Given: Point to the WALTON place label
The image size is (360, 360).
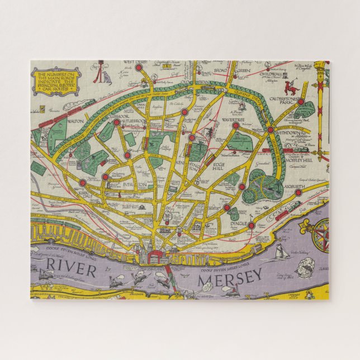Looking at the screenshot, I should [x=73, y=120].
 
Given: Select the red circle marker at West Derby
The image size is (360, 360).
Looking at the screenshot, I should [x=138, y=68].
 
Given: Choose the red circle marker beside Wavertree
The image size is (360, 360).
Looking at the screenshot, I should [x=235, y=126].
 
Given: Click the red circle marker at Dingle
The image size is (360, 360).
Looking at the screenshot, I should [x=251, y=226].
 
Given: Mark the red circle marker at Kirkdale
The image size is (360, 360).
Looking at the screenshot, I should [x=82, y=183].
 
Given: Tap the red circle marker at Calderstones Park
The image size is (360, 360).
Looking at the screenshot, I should [x=300, y=102].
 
